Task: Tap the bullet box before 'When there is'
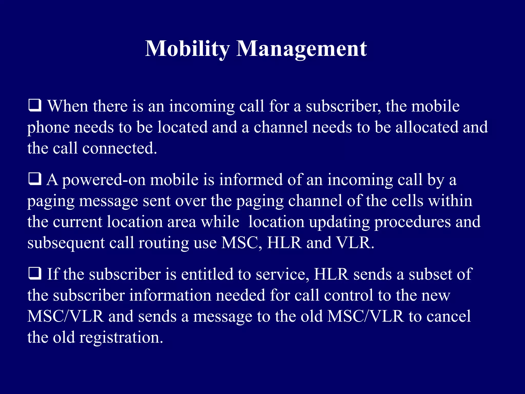35,105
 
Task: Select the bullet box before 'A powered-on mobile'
35,179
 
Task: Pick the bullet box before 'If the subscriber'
35,273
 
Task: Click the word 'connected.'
119,148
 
